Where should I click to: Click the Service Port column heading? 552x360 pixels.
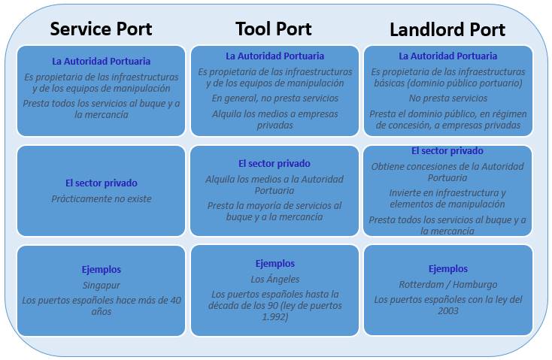101,29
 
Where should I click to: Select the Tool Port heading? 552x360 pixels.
273,29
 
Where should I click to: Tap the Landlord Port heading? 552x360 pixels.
447,30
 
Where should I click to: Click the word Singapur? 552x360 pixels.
101,286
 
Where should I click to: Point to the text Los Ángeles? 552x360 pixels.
274,280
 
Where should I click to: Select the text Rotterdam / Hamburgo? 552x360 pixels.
448,285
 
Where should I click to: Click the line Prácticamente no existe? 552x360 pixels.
101,199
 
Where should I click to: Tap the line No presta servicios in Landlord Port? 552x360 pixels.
448,98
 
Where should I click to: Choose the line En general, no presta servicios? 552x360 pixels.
274,98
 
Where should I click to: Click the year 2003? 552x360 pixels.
448,310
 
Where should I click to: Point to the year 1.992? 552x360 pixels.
274,317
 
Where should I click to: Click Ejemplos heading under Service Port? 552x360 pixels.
101,269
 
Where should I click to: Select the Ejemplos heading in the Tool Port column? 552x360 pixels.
274,264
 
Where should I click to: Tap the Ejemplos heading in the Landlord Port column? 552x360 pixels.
448,269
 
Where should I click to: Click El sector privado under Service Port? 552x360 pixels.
101,183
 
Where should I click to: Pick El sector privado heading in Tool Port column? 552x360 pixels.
274,163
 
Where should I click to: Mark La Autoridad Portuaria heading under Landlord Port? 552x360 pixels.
448,56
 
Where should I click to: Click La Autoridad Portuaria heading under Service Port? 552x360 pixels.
101,61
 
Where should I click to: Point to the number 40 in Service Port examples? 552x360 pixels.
172,301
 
